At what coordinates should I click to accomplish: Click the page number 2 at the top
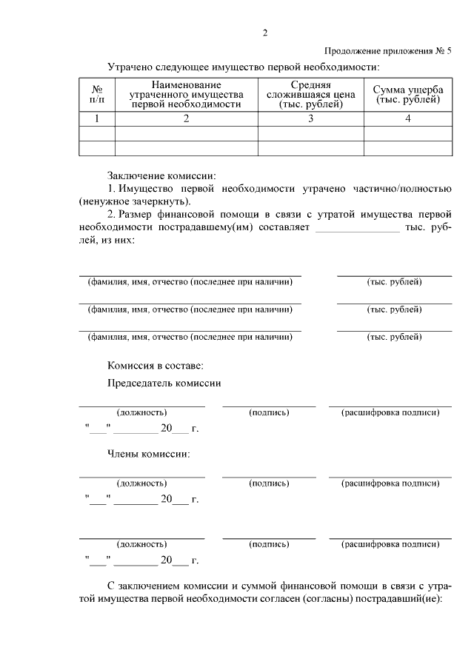[264, 33]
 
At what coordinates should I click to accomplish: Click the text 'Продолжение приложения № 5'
[387, 50]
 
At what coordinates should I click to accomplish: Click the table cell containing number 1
[97, 118]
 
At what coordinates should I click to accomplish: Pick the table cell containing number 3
[310, 118]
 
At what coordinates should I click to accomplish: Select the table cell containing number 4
[408, 118]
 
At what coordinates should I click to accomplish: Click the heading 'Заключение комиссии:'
[161, 175]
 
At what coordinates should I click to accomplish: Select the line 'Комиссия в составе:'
[155, 365]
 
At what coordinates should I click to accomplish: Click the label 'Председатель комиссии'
[164, 383]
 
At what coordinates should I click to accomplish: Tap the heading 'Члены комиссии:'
[148, 452]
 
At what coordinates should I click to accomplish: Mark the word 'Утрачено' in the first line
[130, 67]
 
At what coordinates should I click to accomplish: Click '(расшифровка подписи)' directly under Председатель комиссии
[390, 412]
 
